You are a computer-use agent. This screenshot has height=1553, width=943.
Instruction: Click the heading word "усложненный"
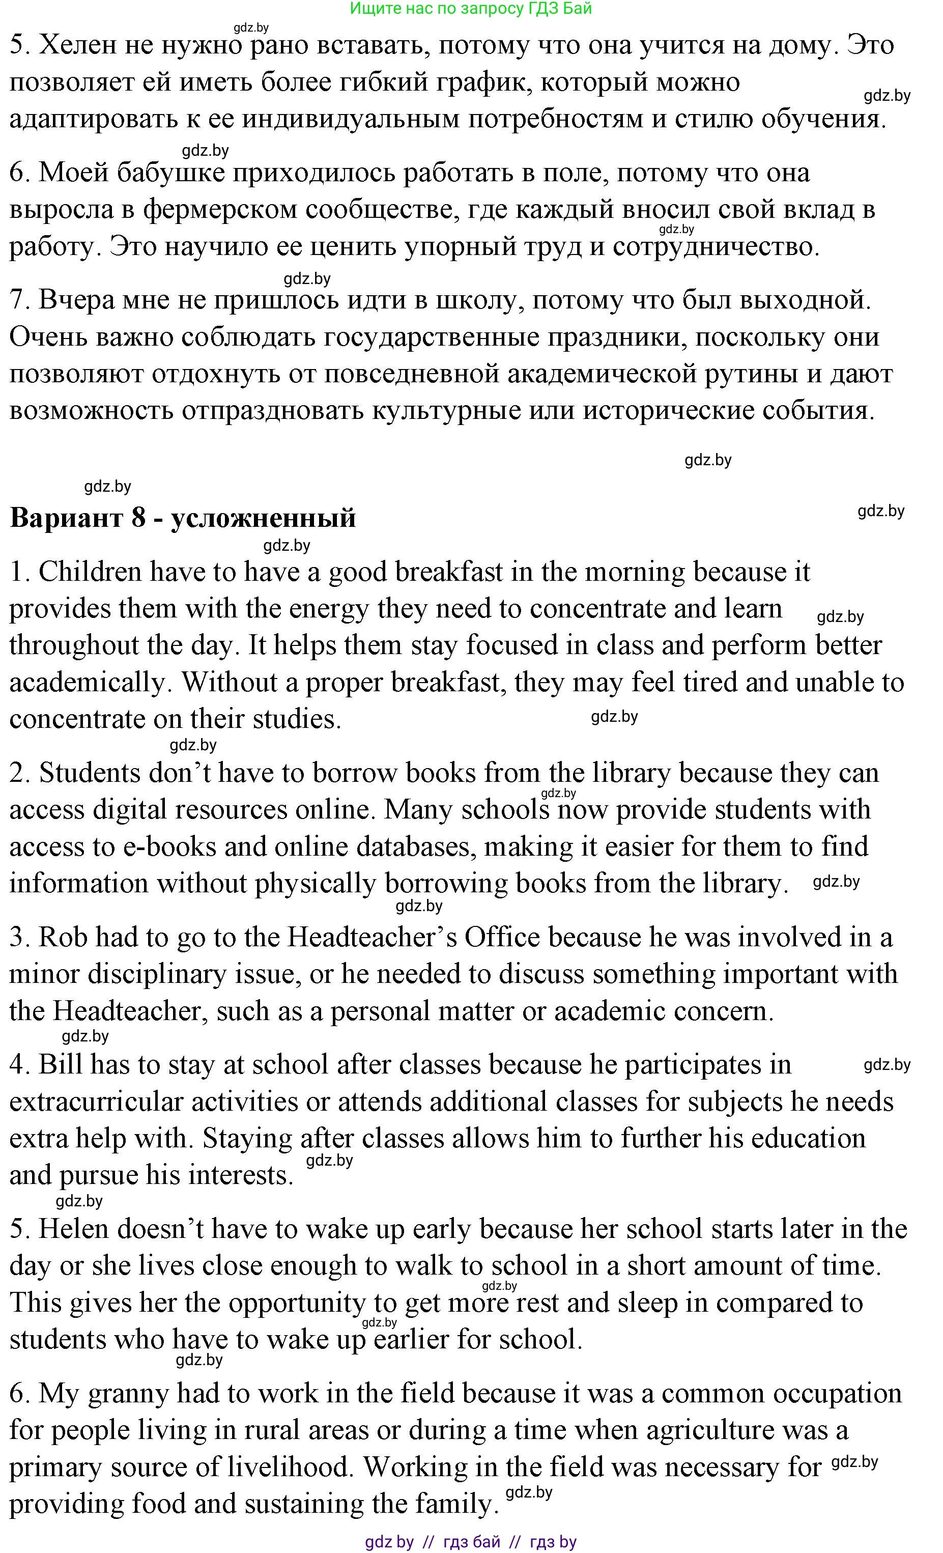point(264,518)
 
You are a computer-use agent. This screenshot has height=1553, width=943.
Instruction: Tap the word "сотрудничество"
point(716,247)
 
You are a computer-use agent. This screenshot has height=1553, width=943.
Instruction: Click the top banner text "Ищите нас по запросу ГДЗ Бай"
point(470,8)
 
